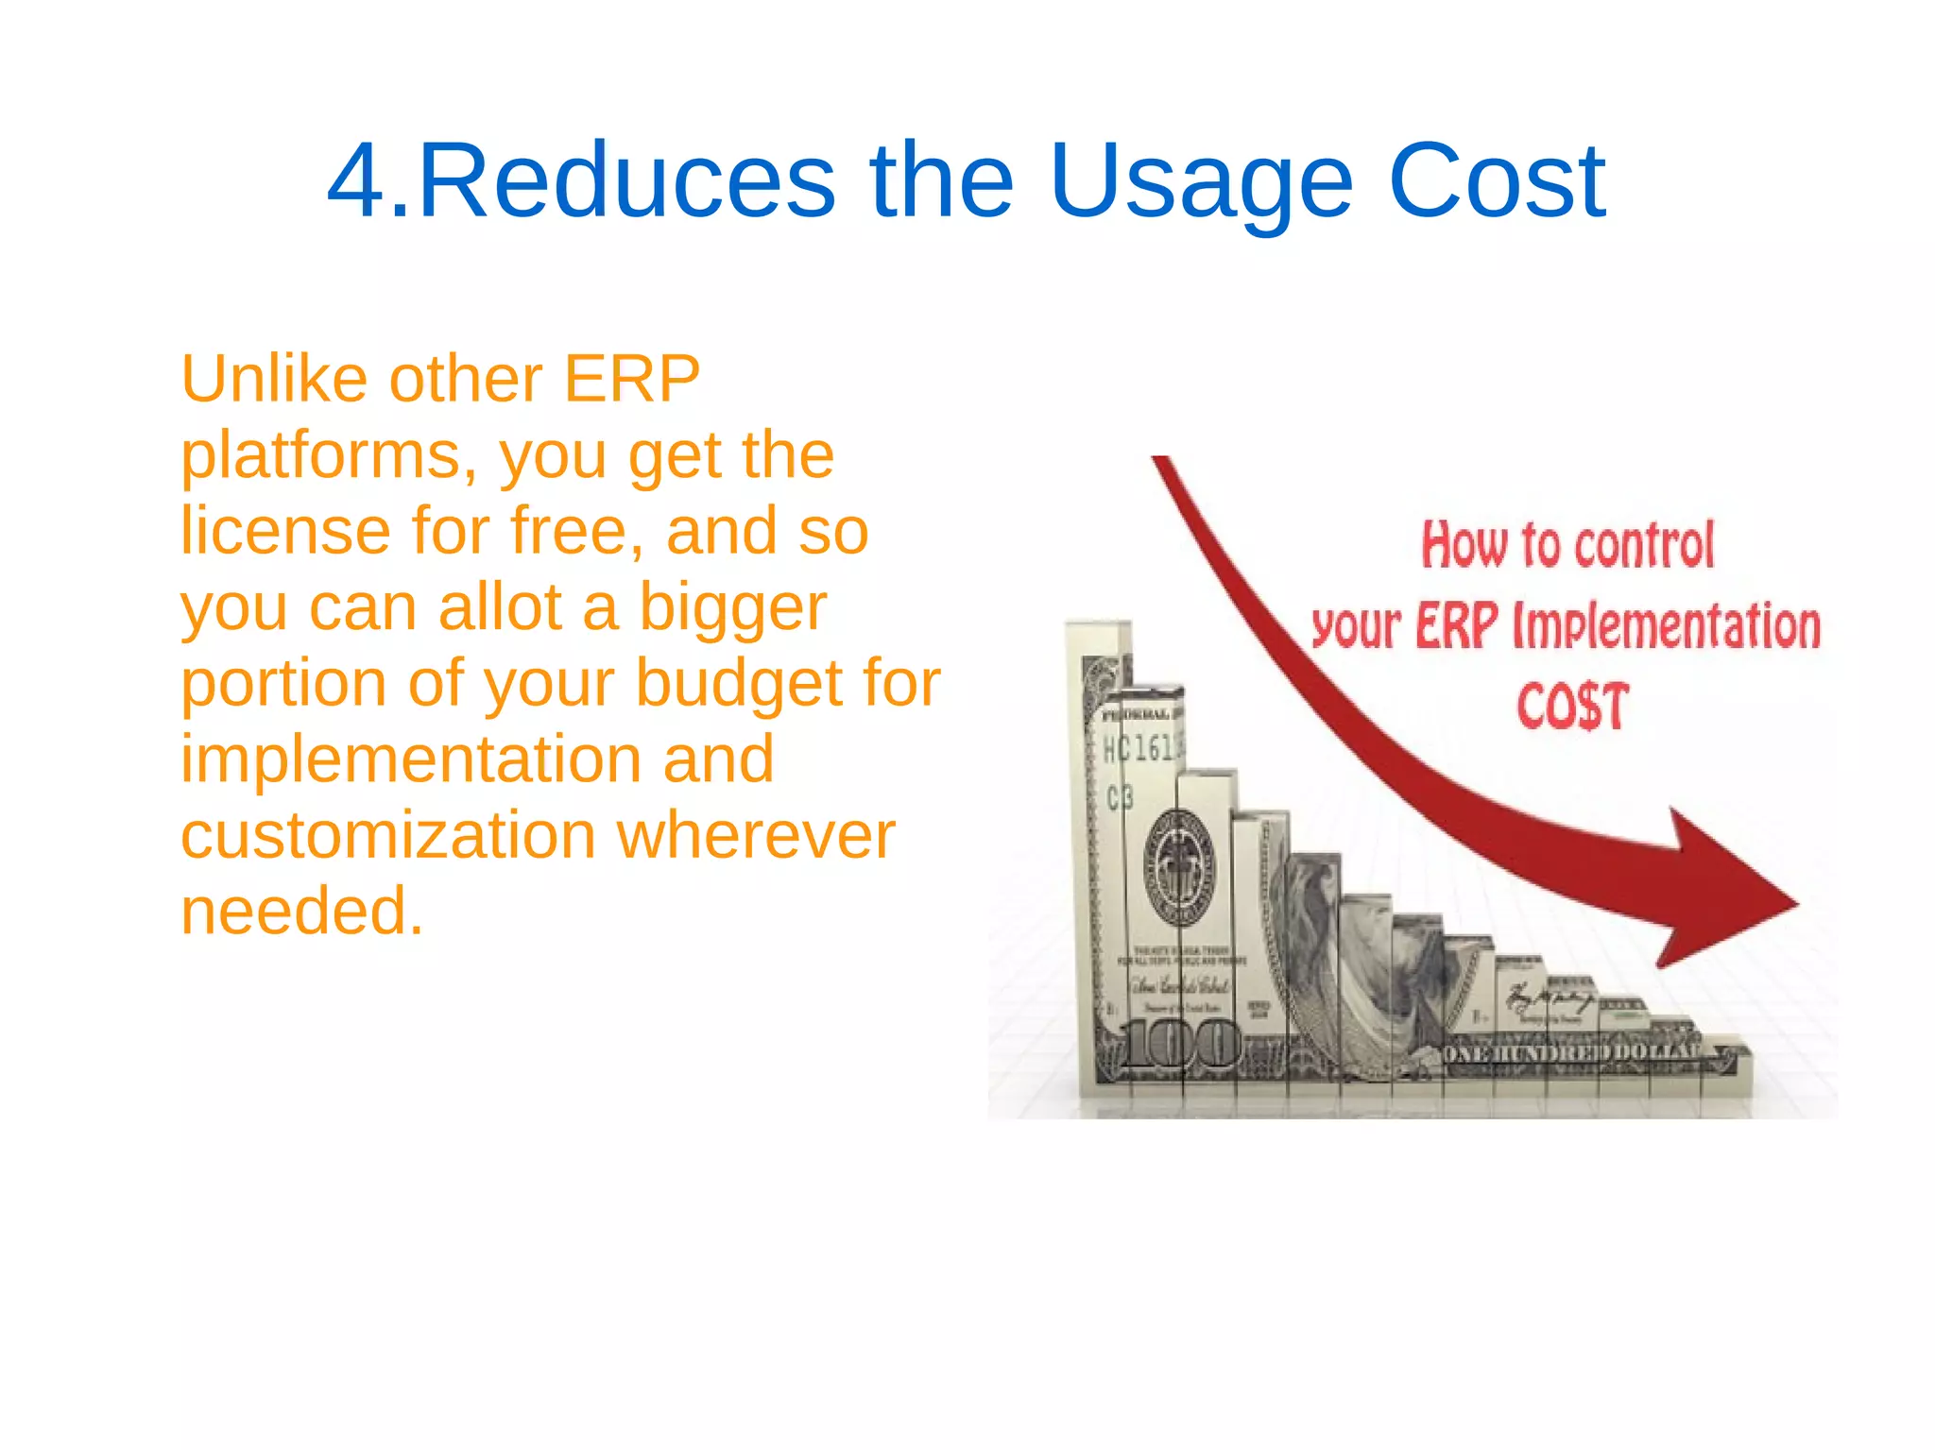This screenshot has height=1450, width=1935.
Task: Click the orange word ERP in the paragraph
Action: click(631, 380)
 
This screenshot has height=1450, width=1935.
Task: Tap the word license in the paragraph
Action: click(285, 531)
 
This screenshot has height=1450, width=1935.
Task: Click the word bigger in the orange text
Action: click(732, 607)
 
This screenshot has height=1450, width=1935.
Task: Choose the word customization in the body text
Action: click(387, 835)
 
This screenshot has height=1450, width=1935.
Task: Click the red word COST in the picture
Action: click(1573, 707)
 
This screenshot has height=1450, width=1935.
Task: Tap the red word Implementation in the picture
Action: click(1667, 626)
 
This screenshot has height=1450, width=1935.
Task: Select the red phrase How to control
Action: click(1567, 545)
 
